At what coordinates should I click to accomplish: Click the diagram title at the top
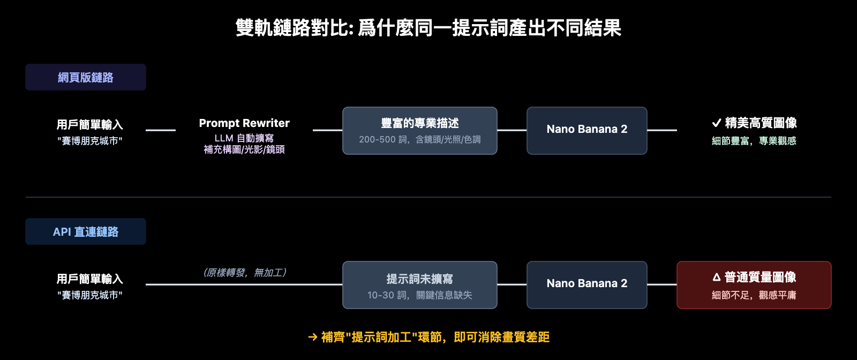point(428,28)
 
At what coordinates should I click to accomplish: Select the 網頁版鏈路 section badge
point(86,77)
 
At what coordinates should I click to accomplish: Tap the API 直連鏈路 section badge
point(86,231)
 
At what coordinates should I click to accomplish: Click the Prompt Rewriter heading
point(244,123)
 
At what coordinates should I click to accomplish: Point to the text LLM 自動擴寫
point(244,138)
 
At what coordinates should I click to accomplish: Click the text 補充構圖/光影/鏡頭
point(244,149)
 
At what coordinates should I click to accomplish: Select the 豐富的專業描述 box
point(420,131)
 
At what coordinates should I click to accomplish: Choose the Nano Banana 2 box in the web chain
point(587,131)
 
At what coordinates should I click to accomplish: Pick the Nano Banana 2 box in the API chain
point(587,285)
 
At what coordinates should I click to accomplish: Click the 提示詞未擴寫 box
point(420,285)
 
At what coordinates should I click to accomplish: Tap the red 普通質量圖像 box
point(754,285)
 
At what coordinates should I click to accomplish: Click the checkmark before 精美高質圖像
point(716,123)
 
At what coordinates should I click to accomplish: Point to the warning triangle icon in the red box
point(717,277)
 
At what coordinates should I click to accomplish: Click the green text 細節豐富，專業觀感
point(754,141)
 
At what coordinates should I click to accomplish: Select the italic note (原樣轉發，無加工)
point(244,273)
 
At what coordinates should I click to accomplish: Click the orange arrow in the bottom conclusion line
point(313,337)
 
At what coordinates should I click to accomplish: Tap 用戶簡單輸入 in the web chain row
point(90,125)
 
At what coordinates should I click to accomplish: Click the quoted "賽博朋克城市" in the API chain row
point(90,295)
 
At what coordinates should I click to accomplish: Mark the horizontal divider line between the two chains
point(428,197)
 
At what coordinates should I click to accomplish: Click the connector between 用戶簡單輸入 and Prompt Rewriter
point(161,130)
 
